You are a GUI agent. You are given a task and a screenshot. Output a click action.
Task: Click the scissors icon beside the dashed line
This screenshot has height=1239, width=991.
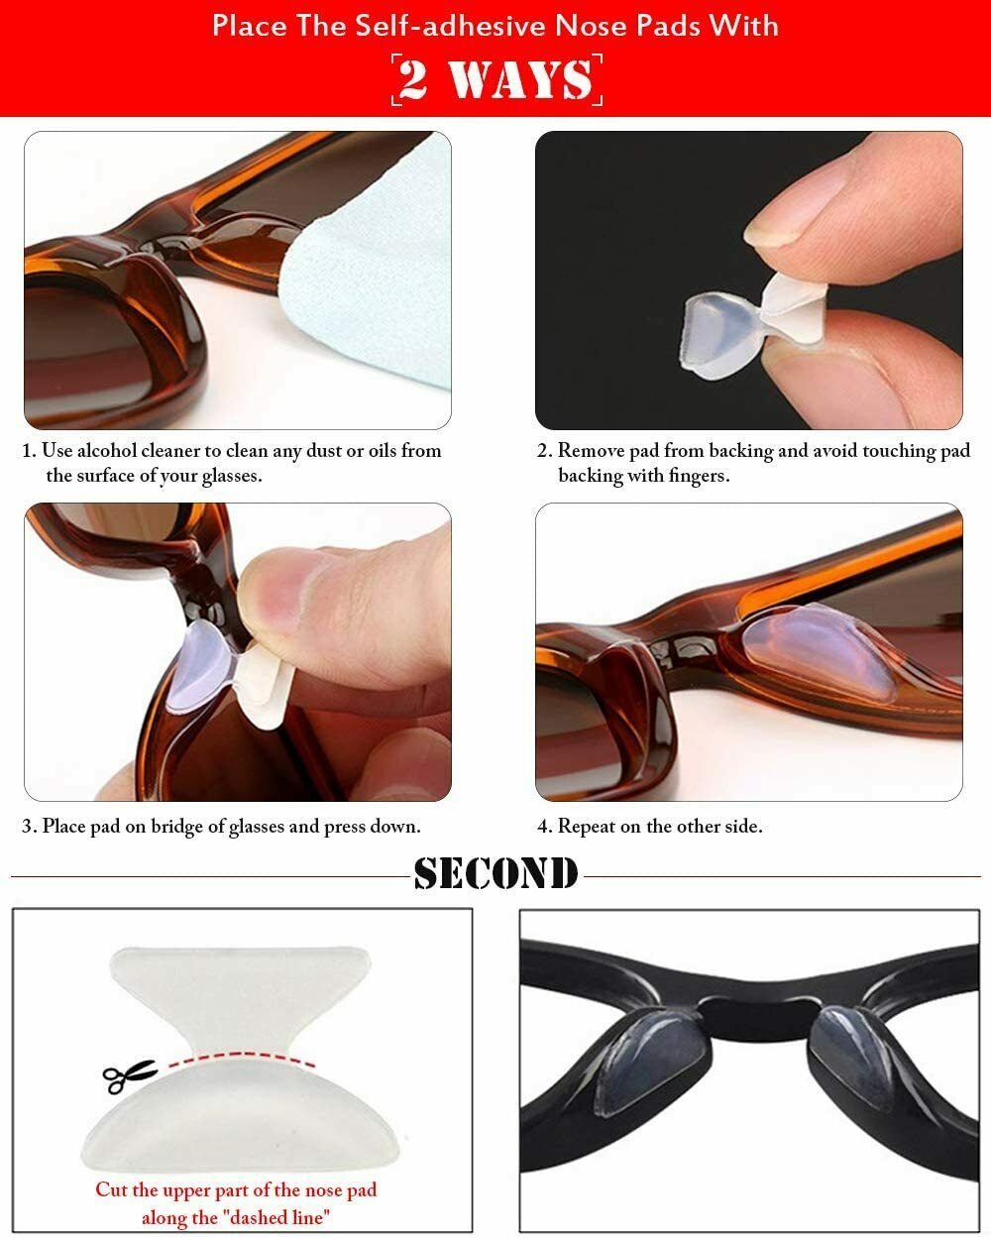pyautogui.click(x=129, y=1076)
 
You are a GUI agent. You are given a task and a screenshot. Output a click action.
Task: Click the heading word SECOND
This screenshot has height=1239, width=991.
pyautogui.click(x=495, y=873)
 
